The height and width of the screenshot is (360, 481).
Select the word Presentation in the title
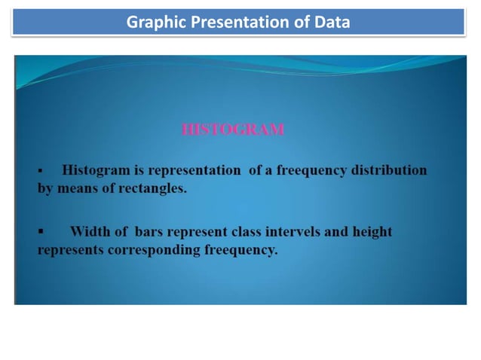[x=229, y=23]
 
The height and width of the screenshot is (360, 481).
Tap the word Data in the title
[x=332, y=23]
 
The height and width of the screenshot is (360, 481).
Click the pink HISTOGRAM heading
[x=233, y=130]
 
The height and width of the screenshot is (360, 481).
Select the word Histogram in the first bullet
[x=97, y=170]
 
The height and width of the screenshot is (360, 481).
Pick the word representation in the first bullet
[x=191, y=170]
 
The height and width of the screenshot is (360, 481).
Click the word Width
[x=90, y=231]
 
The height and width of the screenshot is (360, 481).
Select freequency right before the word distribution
[x=308, y=170]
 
